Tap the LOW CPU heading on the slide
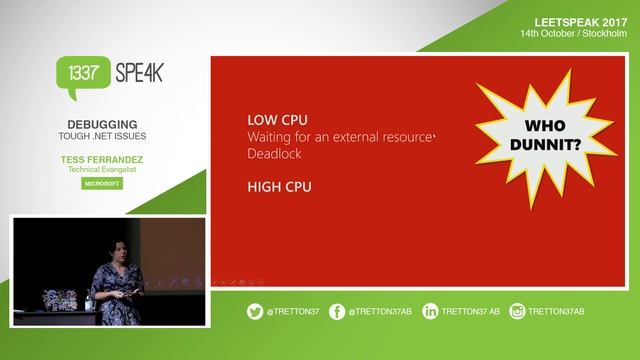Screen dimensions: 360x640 pos(272,117)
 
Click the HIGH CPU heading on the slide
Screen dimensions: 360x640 pos(274,185)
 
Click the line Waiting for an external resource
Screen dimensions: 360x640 pos(338,136)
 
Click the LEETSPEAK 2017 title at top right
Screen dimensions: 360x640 pos(580,20)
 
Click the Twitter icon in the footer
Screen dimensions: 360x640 pos(255,311)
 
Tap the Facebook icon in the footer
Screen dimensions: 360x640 pos(338,311)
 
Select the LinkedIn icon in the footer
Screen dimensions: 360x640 pos(430,311)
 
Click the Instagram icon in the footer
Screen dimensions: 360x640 pos(517,311)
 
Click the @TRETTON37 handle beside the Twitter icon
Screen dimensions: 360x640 pos(292,311)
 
